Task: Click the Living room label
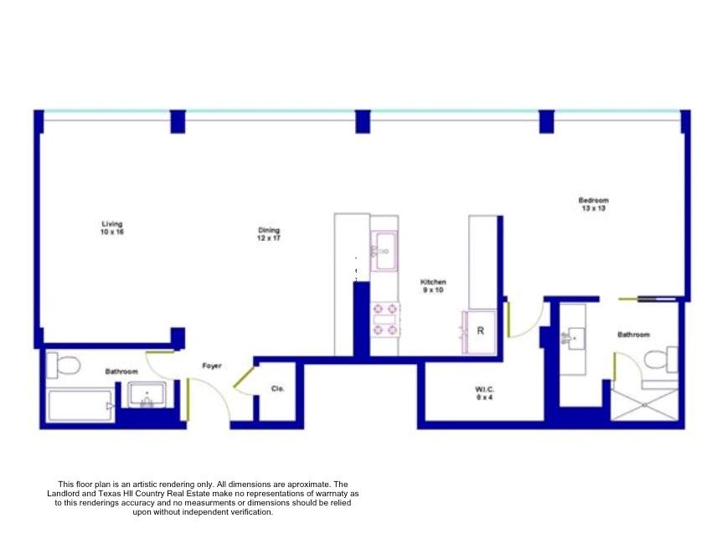pos(112,223)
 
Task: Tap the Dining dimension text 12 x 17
pos(269,239)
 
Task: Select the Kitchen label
pos(433,283)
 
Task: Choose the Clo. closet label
pos(277,388)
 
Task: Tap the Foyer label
pos(211,366)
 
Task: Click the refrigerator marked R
pos(480,331)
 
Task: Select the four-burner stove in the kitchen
pos(385,319)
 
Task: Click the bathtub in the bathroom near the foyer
pos(80,406)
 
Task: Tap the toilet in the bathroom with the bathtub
pos(64,365)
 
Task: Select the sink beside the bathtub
pos(148,395)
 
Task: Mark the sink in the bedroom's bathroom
pos(574,339)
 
